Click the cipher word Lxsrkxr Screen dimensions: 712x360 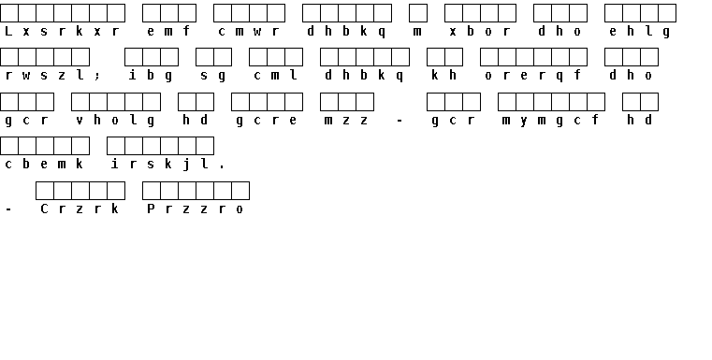(62, 31)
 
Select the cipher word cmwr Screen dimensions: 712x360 (249, 31)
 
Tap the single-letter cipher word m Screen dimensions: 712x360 (418, 31)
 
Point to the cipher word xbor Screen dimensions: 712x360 (480, 31)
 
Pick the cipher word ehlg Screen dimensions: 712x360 (640, 32)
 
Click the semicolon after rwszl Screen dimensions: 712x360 (97, 77)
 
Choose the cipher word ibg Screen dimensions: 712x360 (151, 76)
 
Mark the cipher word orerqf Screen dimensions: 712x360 (533, 76)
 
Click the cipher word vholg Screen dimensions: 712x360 (115, 121)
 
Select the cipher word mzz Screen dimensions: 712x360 (346, 121)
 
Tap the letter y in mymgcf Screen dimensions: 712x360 (525, 121)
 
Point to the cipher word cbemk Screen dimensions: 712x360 (44, 164)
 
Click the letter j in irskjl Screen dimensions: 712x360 (186, 165)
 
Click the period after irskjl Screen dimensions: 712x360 (222, 167)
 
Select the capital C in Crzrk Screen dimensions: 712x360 (44, 209)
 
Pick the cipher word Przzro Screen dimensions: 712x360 (196, 209)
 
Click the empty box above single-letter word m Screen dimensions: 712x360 (418, 13)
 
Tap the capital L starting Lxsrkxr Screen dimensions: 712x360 (8, 31)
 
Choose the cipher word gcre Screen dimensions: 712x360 (267, 121)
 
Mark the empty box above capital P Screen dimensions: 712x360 (152, 191)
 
